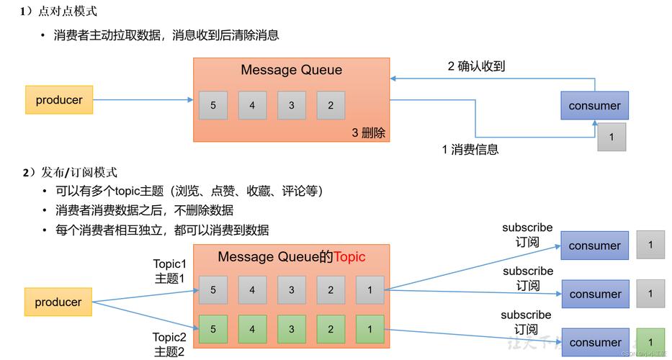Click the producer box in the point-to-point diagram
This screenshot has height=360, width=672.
(x=59, y=100)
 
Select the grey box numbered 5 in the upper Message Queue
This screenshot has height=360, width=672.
(x=213, y=105)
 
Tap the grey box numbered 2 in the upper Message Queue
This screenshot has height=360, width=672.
(x=331, y=105)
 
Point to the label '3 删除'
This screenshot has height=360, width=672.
(x=368, y=132)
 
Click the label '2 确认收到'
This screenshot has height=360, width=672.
(x=476, y=66)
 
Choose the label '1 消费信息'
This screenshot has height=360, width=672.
(x=470, y=149)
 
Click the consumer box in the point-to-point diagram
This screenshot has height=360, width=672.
(x=594, y=106)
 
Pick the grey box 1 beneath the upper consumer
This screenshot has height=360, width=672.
(x=611, y=137)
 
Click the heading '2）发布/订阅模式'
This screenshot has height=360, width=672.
(x=69, y=172)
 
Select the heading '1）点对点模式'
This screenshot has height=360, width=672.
(x=58, y=12)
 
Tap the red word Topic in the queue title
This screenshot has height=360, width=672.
(x=350, y=257)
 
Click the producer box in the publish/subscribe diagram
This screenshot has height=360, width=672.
(x=58, y=302)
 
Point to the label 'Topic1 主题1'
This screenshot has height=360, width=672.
(x=169, y=271)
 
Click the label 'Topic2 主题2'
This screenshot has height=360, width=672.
(x=169, y=344)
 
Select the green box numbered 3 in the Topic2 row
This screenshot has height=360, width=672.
(x=292, y=329)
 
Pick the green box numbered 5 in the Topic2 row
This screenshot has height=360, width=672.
(x=213, y=329)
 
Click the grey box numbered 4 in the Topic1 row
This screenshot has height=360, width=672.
(x=252, y=290)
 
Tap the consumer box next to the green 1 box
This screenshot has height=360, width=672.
(x=594, y=342)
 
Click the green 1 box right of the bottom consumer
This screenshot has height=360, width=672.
(x=650, y=342)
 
